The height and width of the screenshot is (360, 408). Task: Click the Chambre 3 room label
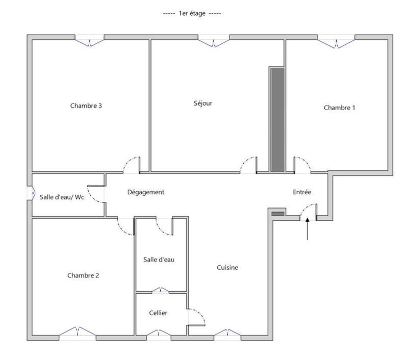click(86, 106)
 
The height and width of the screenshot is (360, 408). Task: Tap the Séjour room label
click(203, 103)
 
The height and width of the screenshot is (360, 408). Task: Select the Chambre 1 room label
click(340, 108)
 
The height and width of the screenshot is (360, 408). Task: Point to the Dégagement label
click(146, 192)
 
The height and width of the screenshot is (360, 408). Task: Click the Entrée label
click(302, 192)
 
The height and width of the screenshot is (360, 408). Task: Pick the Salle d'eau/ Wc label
click(62, 197)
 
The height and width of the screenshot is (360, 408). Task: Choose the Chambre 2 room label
click(83, 275)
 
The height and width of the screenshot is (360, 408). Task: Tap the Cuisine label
click(227, 267)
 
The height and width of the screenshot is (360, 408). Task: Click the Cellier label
click(158, 313)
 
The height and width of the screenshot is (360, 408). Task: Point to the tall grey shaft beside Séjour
click(277, 120)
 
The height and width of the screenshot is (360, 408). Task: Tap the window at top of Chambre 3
click(90, 41)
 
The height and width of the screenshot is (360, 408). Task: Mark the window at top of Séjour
click(214, 41)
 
